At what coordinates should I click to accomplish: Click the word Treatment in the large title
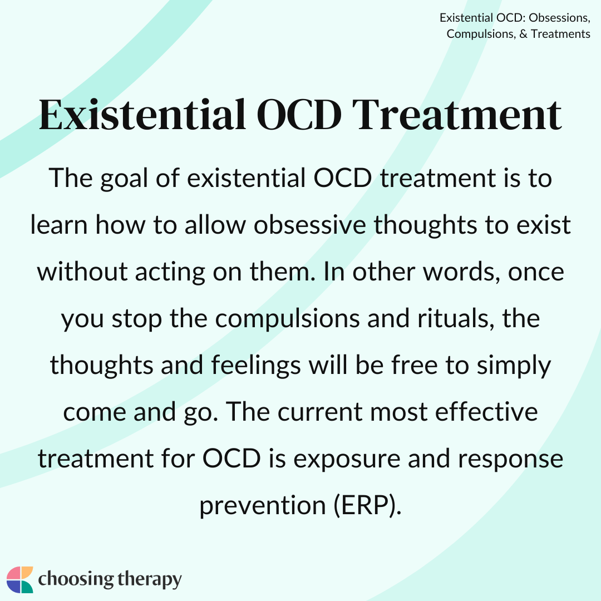[457, 115]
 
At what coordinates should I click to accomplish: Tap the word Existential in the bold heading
[142, 115]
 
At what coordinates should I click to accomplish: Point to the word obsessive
[310, 225]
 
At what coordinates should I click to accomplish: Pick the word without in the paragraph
[82, 272]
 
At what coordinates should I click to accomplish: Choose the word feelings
[256, 366]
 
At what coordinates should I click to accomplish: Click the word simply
[514, 366]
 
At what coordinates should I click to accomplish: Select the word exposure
[347, 459]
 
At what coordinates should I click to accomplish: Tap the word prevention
[263, 506]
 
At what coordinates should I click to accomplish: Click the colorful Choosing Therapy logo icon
[20, 579]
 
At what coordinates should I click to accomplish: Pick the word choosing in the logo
[76, 579]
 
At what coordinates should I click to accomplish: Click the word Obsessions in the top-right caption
[559, 18]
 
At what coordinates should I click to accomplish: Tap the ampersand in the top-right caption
[524, 34]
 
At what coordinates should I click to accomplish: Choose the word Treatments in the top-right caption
[560, 34]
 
